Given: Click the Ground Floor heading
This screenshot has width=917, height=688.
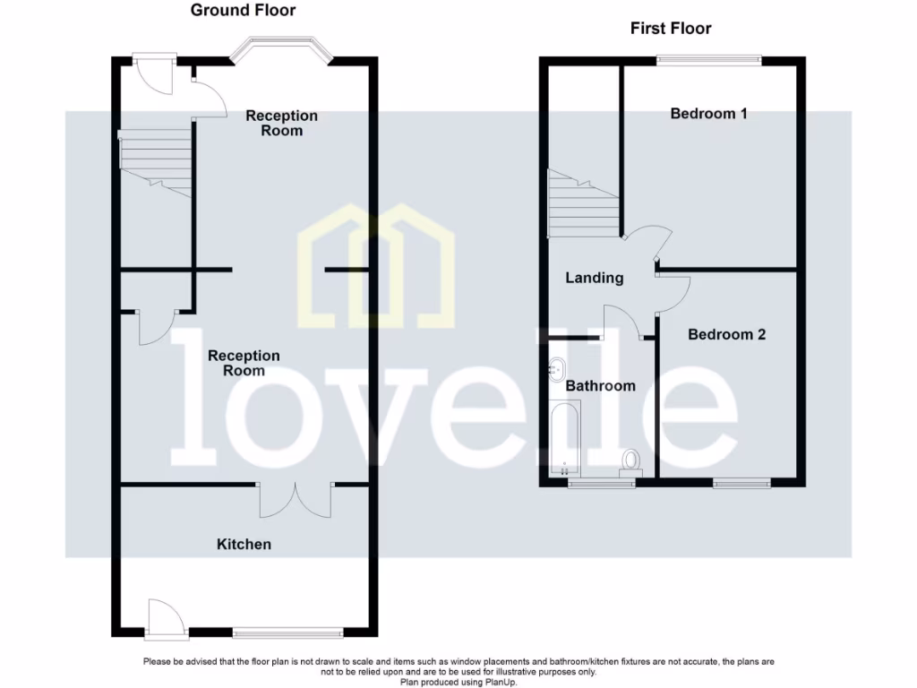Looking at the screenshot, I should coord(243,11).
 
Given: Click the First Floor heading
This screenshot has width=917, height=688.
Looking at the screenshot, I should coord(671,29).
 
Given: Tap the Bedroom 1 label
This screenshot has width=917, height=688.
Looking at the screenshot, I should coord(708,114).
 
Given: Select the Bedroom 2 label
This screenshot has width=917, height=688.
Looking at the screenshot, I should coord(726,334).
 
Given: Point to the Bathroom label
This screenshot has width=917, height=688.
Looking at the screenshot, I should coord(600,386).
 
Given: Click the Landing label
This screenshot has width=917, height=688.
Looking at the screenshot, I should coord(594,278).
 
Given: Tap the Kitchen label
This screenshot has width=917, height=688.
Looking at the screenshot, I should coord(244,544).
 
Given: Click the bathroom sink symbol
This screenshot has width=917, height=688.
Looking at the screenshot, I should coord(556,367).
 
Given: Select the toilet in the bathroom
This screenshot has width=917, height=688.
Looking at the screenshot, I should coord(632,460).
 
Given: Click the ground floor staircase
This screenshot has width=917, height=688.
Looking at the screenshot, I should coord(156,161).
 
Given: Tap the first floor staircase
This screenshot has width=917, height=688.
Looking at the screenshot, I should coord(583,205).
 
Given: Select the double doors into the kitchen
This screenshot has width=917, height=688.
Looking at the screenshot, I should coord(296,499).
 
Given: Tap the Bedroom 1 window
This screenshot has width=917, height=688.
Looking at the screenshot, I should coord(708,60).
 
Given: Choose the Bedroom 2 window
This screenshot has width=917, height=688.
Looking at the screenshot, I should coord(741,484).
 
